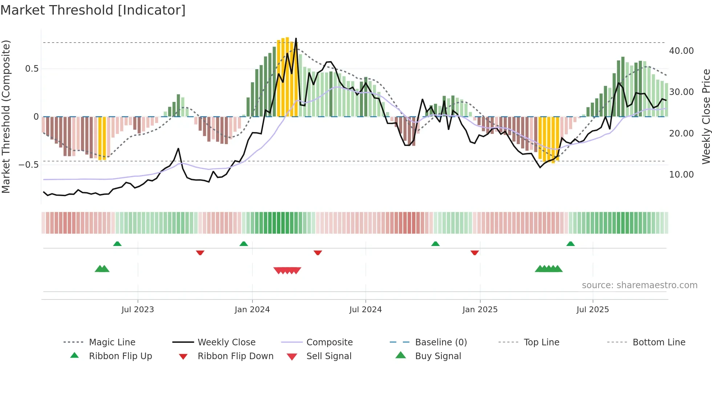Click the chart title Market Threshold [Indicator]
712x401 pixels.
point(93,10)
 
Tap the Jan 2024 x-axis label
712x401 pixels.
point(252,310)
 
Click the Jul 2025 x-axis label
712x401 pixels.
point(592,310)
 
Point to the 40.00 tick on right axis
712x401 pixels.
point(681,51)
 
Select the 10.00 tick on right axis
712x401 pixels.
point(681,175)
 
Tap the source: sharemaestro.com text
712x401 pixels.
point(639,285)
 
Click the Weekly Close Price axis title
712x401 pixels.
point(706,116)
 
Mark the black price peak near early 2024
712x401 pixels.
point(296,38)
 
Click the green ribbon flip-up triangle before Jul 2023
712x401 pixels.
point(117,244)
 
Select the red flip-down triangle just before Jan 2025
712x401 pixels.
point(474,253)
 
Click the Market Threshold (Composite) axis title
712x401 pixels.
point(6,116)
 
